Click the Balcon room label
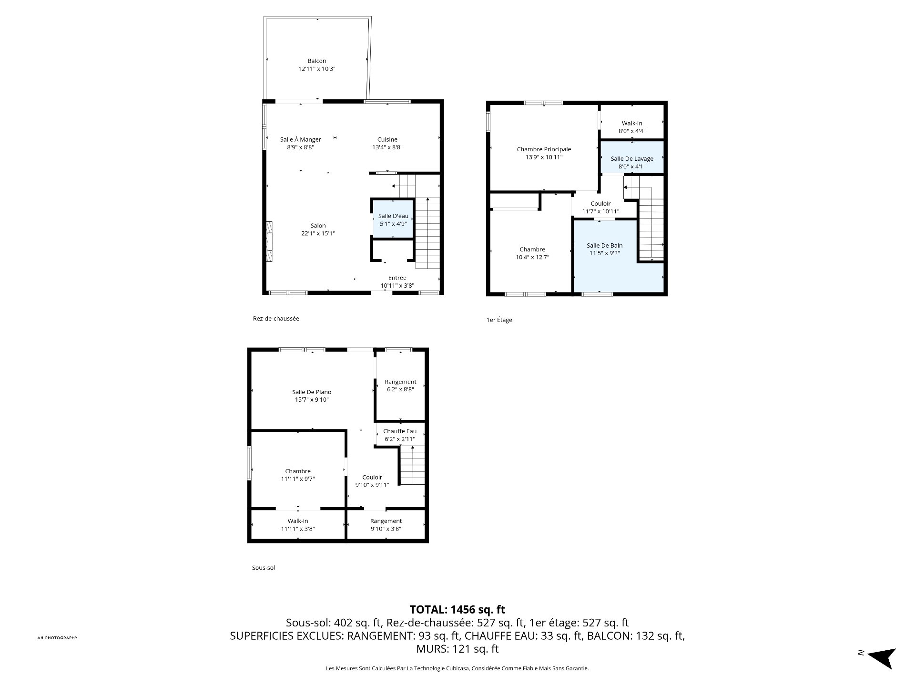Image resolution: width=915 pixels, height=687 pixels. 317,61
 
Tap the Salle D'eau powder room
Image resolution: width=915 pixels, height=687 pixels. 393,219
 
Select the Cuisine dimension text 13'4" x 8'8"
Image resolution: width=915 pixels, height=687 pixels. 387,147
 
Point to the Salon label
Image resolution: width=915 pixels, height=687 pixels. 318,226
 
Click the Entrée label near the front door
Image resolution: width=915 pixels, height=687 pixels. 397,278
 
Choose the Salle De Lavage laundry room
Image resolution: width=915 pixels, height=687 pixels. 632,157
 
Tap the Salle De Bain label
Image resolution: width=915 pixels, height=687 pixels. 605,246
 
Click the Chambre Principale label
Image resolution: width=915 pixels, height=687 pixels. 544,149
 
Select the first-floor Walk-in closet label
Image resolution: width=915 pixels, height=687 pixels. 632,123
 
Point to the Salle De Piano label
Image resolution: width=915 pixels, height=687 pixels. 312,392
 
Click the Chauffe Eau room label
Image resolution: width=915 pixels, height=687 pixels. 400,431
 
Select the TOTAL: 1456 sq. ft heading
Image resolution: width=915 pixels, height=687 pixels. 457,609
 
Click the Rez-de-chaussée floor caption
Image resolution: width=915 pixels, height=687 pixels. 276,318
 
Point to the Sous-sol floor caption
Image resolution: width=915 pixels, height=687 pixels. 264,568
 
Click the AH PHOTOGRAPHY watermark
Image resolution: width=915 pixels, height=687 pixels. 57,638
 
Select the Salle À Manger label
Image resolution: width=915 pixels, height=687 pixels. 300,139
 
